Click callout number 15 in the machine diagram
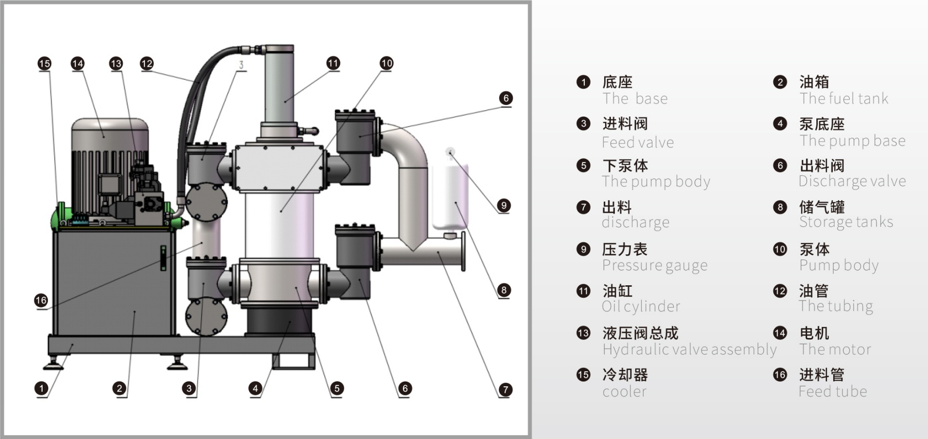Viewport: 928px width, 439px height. pos(44,63)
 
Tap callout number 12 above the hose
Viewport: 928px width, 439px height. pos(146,63)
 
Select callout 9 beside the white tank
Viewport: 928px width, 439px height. pos(504,205)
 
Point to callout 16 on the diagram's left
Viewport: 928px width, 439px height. pos(41,300)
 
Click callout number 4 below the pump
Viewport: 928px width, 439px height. pos(255,388)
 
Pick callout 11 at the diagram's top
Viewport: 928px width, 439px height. pos(333,63)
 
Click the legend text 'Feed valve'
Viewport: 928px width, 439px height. pos(638,142)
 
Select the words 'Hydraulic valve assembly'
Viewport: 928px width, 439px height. pos(689,349)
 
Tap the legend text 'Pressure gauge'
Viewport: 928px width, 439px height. pos(654,265)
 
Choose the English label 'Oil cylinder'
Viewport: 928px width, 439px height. pos(641,306)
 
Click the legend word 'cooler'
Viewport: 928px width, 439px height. pos(624,391)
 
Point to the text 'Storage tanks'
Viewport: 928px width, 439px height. pos(846,222)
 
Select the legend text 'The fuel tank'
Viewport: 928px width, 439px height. pos(843,99)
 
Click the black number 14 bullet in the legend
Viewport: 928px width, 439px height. pos(780,333)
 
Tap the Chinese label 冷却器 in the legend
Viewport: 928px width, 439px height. pos(624,375)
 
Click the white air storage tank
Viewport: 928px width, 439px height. pos(450,196)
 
